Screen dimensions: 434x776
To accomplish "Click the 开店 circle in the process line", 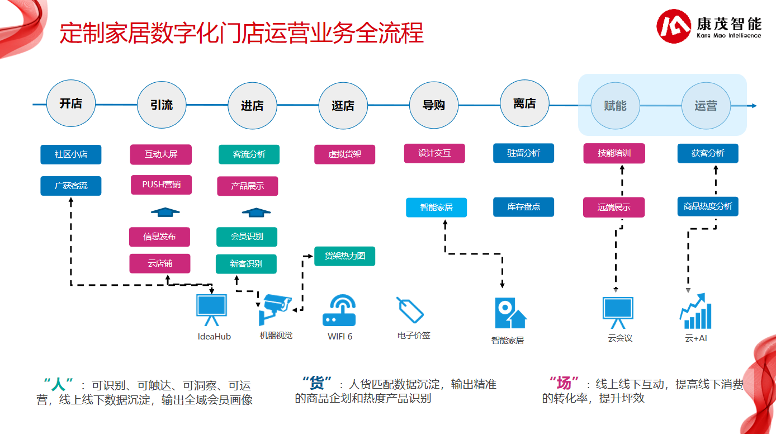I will click(71, 104).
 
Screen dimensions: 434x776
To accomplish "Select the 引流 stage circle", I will click(162, 105).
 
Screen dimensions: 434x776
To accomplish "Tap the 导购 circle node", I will click(434, 105).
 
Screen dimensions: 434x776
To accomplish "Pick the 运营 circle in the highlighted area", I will click(706, 106).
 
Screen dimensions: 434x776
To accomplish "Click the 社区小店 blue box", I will click(71, 154).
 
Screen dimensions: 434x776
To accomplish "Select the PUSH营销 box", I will click(162, 185).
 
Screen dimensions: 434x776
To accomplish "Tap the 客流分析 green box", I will click(249, 154).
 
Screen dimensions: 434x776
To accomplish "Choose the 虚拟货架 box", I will click(344, 154).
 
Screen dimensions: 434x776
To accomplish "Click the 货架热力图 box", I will click(344, 256).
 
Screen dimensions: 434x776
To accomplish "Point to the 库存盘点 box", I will click(524, 207).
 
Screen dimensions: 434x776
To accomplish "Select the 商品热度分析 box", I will click(708, 206).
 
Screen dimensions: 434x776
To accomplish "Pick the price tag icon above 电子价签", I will click(410, 310).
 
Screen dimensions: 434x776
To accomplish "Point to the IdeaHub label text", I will click(214, 337).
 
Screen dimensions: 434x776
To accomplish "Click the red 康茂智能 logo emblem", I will click(673, 26).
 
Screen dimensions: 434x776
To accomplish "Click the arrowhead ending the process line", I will click(754, 106).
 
